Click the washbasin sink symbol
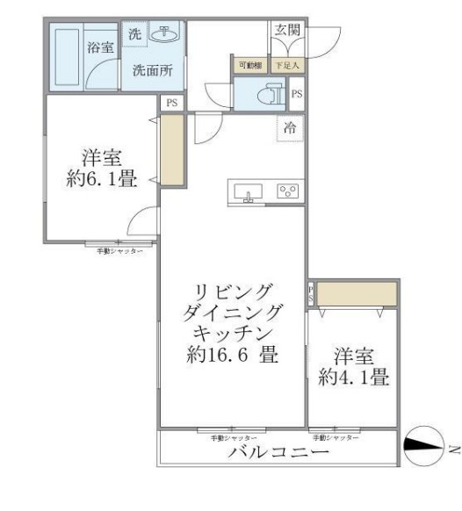pos(162,34)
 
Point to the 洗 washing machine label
pos(134,34)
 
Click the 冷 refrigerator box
pos(290,127)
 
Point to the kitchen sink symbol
pos(249,192)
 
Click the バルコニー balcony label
pos(278,454)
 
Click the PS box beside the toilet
pos(297,94)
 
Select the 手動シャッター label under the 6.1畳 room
pos(120,251)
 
